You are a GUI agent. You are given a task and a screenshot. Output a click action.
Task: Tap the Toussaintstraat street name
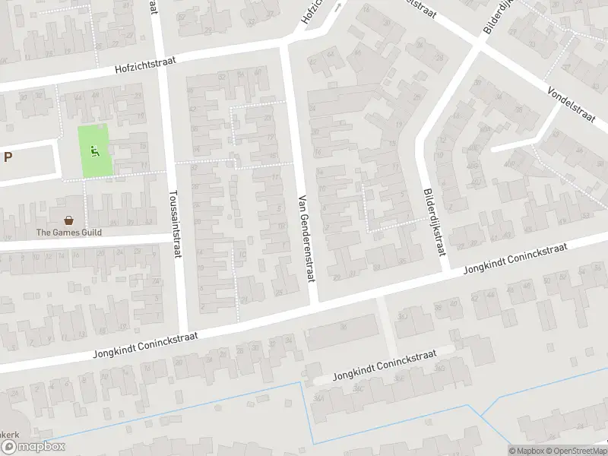coord(177,224)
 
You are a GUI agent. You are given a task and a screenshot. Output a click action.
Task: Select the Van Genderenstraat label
coord(306,238)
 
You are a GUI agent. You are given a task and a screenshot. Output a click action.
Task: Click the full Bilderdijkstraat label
coord(433,222)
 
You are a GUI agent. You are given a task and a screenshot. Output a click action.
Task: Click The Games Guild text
coord(69,233)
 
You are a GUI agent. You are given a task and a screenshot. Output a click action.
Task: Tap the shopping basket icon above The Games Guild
coord(69,220)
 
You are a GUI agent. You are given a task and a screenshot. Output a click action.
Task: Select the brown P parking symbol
coord(8,157)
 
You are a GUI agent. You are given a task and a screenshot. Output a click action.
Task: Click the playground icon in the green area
coord(95,151)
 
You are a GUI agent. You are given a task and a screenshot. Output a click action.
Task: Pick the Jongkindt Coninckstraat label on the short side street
coord(385,369)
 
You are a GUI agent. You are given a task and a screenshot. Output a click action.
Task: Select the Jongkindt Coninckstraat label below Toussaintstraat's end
coord(145,345)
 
